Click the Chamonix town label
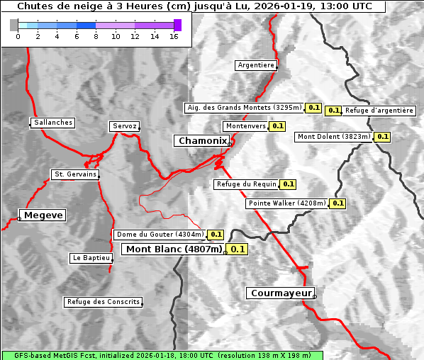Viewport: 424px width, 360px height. [x=202, y=141]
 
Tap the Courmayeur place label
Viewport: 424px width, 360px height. [x=281, y=293]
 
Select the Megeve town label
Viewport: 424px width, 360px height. [x=43, y=215]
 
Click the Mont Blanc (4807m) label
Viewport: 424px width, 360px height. [x=174, y=249]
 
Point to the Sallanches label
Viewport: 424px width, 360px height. [x=53, y=123]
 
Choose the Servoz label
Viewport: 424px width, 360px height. [x=125, y=126]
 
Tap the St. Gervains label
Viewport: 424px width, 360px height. [x=75, y=174]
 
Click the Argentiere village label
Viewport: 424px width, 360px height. [x=256, y=65]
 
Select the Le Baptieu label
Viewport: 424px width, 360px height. [x=91, y=258]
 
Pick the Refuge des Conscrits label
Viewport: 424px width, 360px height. [x=104, y=302]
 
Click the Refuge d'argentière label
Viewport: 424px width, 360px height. [x=379, y=111]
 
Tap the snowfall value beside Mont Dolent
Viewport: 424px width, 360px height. [x=382, y=137]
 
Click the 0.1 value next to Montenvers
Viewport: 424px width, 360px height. [x=277, y=126]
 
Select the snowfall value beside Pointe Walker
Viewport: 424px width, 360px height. [x=337, y=203]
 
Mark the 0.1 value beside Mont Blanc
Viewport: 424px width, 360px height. [x=238, y=249]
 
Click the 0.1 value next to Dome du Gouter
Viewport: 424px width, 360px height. [x=216, y=235]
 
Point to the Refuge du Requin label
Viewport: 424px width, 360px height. [x=246, y=184]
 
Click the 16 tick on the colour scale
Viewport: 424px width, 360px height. [x=174, y=36]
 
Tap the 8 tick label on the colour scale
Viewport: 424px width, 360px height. [x=96, y=36]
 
